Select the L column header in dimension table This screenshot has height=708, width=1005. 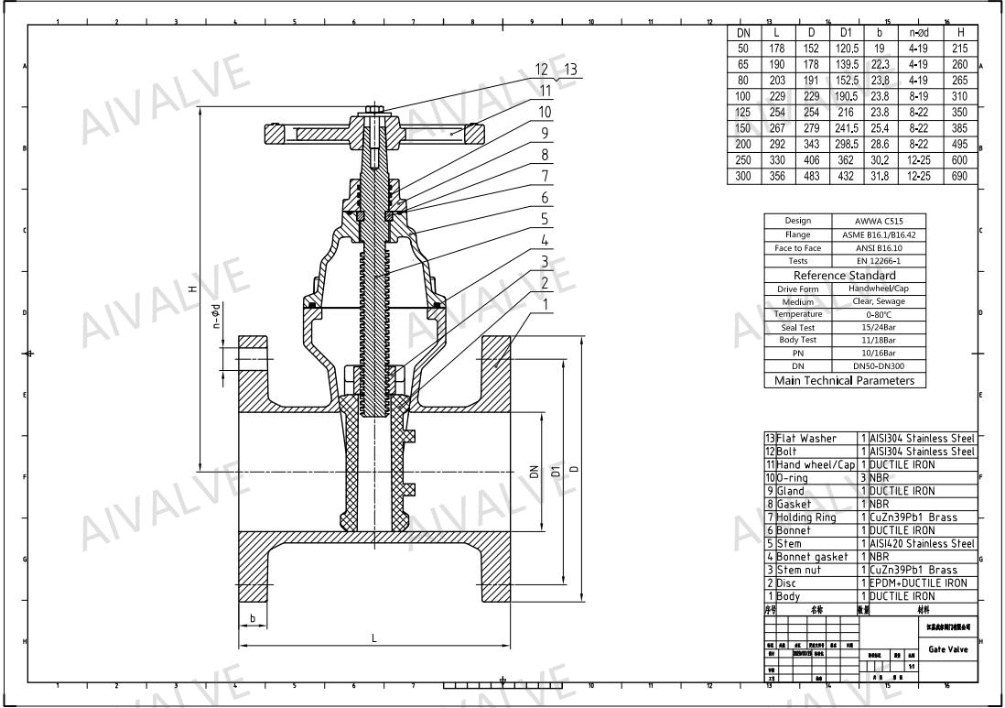pos(775,33)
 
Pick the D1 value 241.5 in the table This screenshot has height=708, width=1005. pos(847,128)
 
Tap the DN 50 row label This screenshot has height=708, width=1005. pos(742,47)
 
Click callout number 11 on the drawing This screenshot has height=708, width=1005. pos(546,91)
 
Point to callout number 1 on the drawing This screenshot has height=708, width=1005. pos(546,301)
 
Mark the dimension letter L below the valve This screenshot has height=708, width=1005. pos(373,638)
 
